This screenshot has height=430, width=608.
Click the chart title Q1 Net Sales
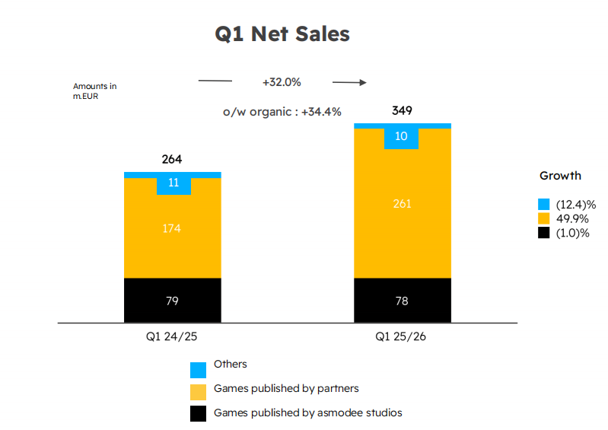283,34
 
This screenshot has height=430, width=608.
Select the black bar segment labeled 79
172,301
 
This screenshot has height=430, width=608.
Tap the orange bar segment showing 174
172,228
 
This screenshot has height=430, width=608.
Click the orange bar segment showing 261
402,203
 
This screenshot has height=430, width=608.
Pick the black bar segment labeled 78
402,301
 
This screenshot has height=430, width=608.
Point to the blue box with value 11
173,183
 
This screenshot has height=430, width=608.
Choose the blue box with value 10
402,136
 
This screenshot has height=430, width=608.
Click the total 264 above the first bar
172,160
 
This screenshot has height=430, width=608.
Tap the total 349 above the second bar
402,111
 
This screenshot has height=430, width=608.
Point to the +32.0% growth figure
282,82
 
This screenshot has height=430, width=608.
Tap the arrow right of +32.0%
350,82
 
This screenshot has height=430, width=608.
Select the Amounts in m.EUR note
94,91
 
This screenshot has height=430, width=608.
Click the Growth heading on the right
560,176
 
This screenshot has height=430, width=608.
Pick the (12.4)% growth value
575,204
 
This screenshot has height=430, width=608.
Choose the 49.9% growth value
571,218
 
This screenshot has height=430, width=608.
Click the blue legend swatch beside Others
198,369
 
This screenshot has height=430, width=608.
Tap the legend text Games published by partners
286,389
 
